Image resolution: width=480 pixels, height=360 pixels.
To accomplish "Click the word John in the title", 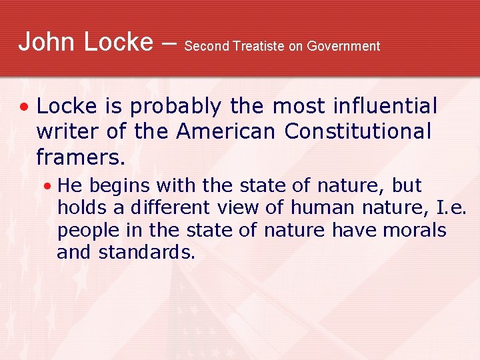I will coord(45,41).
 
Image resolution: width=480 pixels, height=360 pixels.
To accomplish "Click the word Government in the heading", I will coord(343,46).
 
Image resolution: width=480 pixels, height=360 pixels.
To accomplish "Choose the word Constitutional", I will coord(358,131).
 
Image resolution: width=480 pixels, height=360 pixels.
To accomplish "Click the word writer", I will coord(67,131).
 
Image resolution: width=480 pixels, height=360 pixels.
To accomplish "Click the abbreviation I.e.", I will coord(451,207).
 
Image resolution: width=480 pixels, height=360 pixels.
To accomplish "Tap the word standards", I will coord(147,253).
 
